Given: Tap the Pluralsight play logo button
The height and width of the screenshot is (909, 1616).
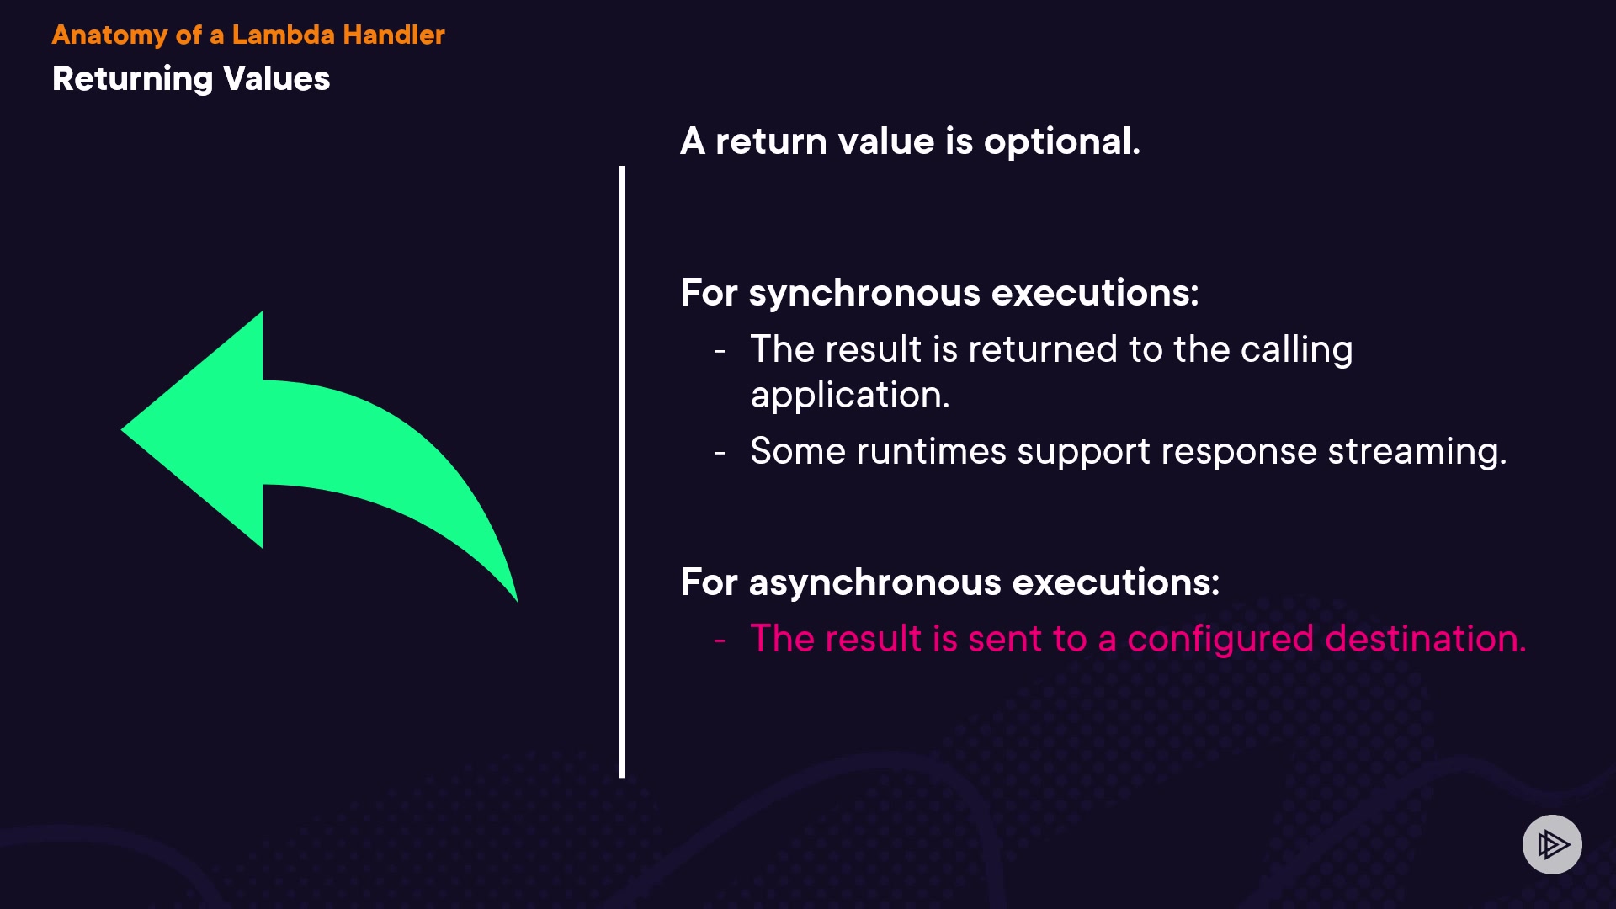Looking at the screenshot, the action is pos(1552,844).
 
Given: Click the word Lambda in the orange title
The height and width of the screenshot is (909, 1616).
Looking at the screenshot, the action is pos(283,35).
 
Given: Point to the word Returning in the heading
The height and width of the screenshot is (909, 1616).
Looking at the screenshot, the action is pos(133,80).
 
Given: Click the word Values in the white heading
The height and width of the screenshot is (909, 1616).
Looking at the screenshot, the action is pos(276,79).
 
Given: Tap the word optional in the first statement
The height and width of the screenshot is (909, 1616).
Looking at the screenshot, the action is pos(1062,142).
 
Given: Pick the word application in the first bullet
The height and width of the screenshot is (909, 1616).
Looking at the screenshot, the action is pos(850,396).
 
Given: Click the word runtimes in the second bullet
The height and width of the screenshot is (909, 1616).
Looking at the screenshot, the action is pos(931,451).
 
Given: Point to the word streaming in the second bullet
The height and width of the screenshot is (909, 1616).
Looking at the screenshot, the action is pos(1417,452).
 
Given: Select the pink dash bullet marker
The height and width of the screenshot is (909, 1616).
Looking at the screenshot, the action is pos(720,641).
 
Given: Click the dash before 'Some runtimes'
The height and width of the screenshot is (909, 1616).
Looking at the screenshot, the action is pos(720,453).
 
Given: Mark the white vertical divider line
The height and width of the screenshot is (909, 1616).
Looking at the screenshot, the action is pos(622,472).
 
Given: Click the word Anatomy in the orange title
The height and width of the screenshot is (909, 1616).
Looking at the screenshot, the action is pos(110,35).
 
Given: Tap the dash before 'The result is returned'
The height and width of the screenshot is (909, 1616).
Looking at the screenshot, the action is pos(720,351).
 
